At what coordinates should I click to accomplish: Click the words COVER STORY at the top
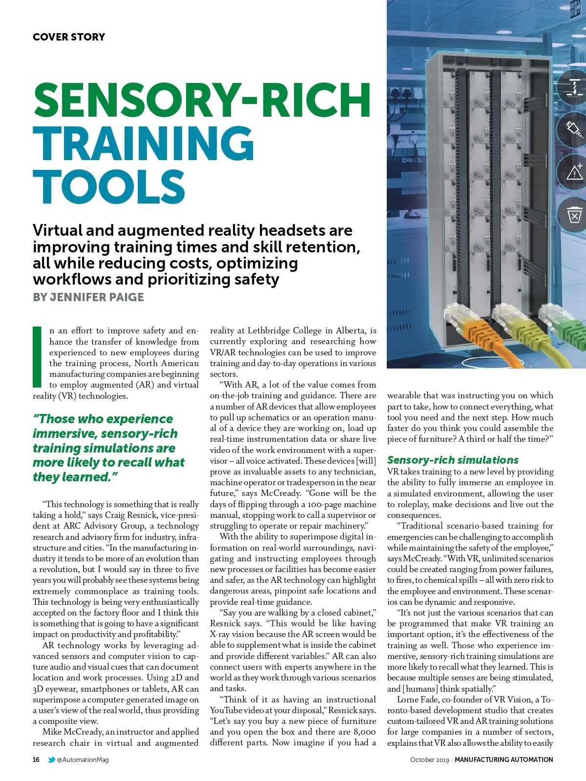[x=69, y=37]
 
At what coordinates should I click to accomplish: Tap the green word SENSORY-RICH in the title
[x=202, y=100]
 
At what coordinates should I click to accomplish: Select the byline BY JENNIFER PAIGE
[x=88, y=297]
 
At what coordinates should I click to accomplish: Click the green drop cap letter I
[x=37, y=356]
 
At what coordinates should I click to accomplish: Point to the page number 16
[x=36, y=760]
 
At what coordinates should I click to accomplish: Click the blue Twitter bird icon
[x=51, y=760]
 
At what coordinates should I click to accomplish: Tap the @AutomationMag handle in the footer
[x=83, y=760]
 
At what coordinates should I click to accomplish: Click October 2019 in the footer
[x=429, y=760]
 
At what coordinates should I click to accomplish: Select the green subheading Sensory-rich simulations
[x=453, y=460]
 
